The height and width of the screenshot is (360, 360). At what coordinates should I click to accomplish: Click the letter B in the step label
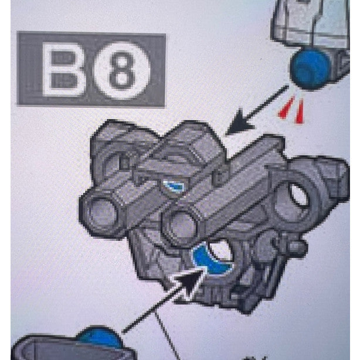[64, 70]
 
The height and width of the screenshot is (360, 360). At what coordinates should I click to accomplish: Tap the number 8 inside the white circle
[122, 70]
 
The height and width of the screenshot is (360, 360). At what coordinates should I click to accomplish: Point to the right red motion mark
[300, 111]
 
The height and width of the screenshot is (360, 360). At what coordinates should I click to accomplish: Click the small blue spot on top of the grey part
[174, 186]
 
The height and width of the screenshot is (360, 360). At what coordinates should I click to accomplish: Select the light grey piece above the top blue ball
[305, 23]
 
